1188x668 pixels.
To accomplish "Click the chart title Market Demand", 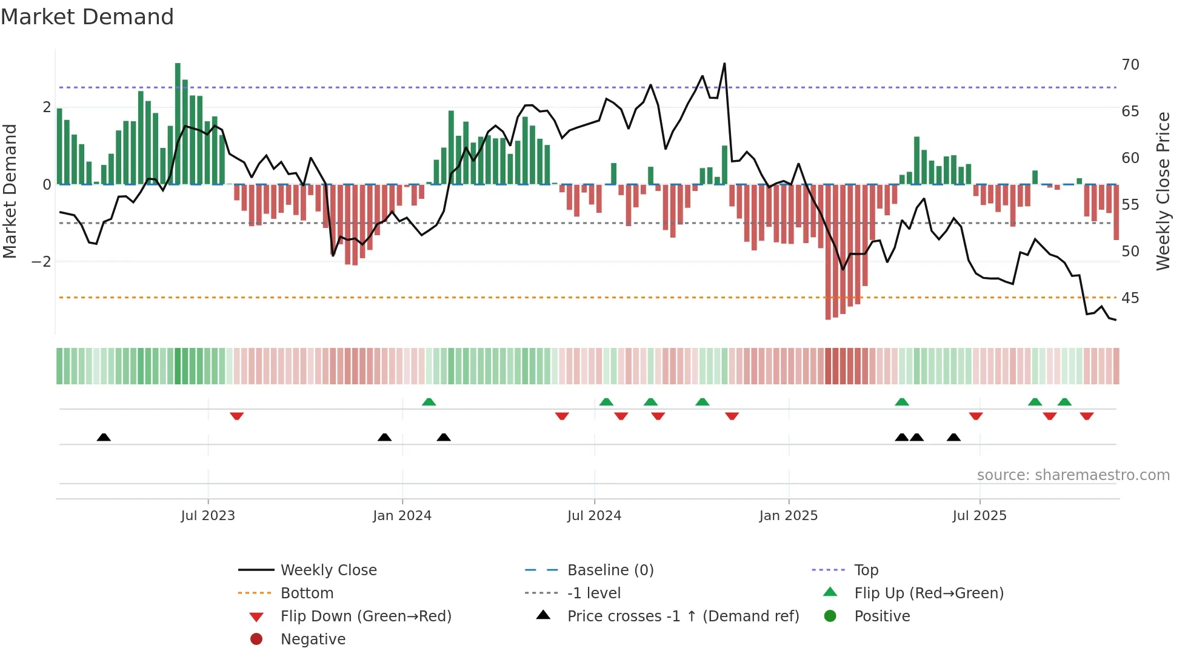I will (x=87, y=17).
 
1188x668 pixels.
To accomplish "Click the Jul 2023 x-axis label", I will (x=208, y=516).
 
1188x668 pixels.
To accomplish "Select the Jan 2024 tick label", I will (x=402, y=516).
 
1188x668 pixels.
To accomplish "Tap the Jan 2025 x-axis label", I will (x=788, y=516).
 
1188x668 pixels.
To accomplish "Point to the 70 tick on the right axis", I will (x=1130, y=65).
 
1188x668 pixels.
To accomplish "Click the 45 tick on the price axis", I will (x=1130, y=298).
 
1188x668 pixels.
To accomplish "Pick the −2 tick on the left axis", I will (x=42, y=262).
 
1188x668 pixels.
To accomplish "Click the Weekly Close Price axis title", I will (x=1163, y=191).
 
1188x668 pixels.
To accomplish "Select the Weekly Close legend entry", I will (x=328, y=570).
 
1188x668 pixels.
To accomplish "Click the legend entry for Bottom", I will (x=307, y=593).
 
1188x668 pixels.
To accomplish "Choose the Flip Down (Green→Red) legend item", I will (x=365, y=616).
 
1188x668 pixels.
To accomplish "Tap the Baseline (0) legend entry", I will (x=610, y=570).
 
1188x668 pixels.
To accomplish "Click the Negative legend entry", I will (x=313, y=640).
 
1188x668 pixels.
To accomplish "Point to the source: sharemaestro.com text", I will (x=1073, y=475).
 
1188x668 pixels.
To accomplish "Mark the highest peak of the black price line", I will (x=724, y=64).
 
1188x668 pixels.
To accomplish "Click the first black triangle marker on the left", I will (x=104, y=437).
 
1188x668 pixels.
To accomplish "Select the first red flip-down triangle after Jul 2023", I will (x=237, y=416).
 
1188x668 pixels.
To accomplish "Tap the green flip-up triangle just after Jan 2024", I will (x=429, y=402).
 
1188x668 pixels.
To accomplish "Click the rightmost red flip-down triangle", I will (x=1086, y=416).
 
